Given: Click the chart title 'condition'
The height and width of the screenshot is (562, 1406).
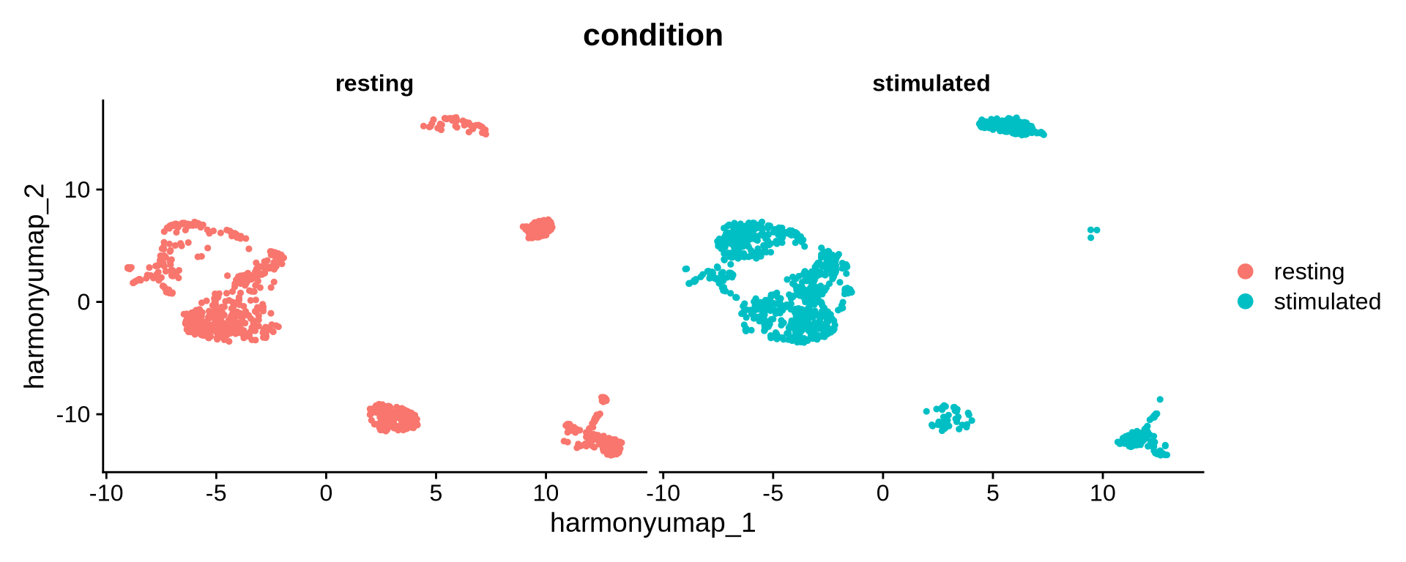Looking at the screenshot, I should click(652, 35).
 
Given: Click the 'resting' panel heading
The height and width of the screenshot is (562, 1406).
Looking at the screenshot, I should click(374, 83).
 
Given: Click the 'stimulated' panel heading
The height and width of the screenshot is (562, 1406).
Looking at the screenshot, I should click(931, 83).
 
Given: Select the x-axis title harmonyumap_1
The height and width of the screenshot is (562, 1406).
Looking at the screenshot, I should click(652, 523).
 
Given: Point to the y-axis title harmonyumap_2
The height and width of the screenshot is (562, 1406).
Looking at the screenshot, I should click(34, 286).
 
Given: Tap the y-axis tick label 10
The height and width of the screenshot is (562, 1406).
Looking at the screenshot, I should click(77, 190).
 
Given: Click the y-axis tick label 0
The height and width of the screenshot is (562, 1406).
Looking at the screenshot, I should click(83, 302).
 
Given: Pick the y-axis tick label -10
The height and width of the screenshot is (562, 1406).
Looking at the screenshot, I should click(73, 415).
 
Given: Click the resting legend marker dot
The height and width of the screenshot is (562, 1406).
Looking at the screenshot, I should click(1245, 271).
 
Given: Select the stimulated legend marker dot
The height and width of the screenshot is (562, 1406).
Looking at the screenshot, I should click(1245, 301).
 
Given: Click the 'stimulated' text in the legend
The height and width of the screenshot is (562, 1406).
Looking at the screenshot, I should click(1327, 301).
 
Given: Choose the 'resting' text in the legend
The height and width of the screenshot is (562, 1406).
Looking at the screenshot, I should click(1309, 271).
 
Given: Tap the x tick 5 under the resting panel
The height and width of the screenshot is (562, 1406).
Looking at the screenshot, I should click(436, 493).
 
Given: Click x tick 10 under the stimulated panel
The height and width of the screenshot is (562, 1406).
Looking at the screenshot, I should click(1102, 493).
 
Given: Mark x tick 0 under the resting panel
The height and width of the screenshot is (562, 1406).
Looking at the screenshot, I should click(326, 493).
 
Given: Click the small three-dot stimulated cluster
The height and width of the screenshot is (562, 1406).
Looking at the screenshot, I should click(1093, 232).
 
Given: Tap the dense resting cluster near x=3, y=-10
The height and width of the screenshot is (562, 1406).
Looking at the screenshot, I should click(393, 419).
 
